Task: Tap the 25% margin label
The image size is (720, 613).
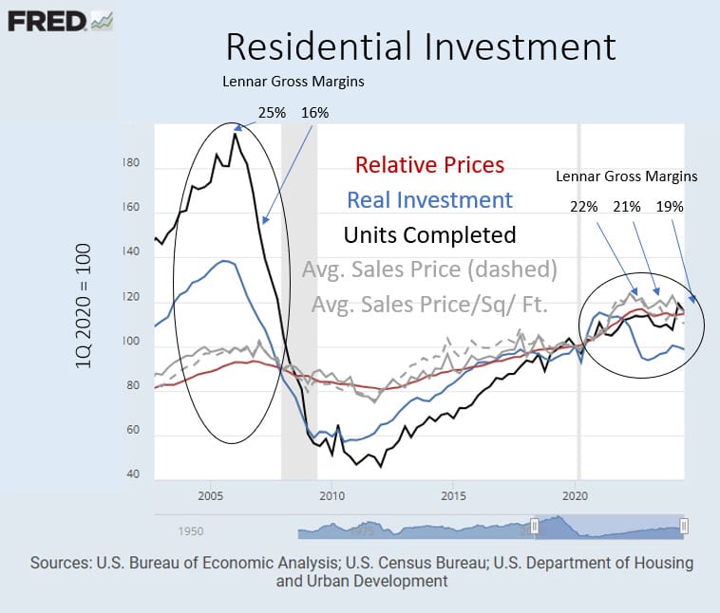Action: (x=270, y=113)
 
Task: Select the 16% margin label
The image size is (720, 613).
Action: (x=314, y=113)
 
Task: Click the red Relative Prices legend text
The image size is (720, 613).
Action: (x=430, y=165)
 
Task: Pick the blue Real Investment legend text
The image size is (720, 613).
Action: (x=430, y=200)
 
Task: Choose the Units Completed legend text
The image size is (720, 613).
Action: (x=430, y=234)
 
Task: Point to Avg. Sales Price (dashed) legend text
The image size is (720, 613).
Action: (x=429, y=269)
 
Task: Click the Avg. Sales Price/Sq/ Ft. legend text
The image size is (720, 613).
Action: (x=429, y=305)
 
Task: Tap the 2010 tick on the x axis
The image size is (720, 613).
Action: (x=332, y=496)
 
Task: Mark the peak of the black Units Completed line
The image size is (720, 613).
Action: (x=235, y=134)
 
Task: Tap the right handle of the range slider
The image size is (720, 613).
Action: (x=684, y=526)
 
